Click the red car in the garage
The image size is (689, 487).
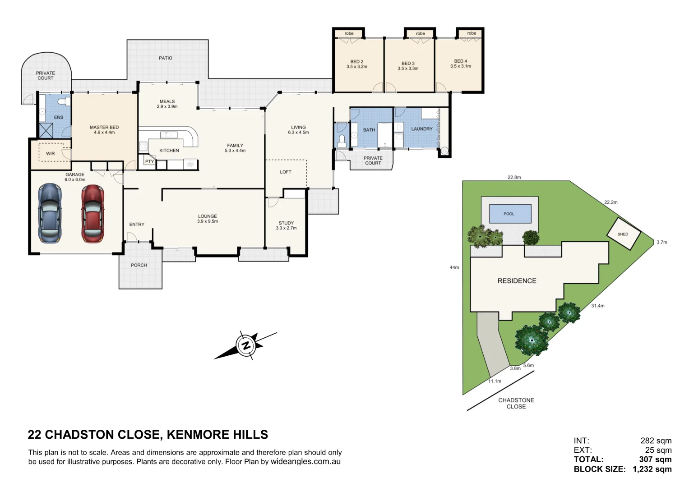coord(92,214)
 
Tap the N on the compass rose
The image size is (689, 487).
coord(246,346)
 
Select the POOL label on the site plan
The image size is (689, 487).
coord(509,214)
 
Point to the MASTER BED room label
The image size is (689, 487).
coord(104,127)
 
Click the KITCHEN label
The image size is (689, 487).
coord(169,151)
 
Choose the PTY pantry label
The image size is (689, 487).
coord(149,161)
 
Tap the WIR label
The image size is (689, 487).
coord(51,154)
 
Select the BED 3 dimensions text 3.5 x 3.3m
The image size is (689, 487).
coord(408,69)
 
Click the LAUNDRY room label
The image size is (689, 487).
coord(422,129)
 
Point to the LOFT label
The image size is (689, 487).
coord(286,172)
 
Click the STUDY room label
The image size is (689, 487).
coord(286,223)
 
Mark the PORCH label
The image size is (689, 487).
coord(139,265)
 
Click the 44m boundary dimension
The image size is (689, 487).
coord(454,267)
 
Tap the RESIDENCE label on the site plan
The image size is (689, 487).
coord(517,280)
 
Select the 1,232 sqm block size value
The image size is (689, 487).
coord(652,469)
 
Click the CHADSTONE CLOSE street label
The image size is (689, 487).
coord(516,403)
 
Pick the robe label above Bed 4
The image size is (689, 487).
coord(472,33)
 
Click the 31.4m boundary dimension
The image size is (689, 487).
coord(597,306)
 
